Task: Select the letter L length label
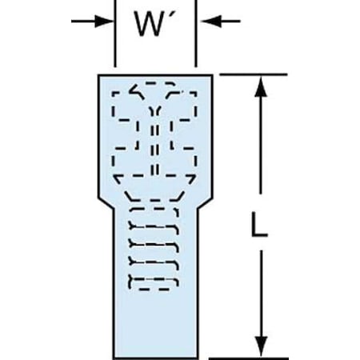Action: tap(259, 224)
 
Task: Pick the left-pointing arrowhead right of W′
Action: tap(211, 21)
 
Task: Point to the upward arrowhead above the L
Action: tap(261, 87)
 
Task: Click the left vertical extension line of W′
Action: tap(115, 34)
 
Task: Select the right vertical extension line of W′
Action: tap(196, 34)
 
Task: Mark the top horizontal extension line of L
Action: tap(254, 74)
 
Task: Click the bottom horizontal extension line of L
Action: tap(249, 358)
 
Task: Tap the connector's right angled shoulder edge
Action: tap(205, 203)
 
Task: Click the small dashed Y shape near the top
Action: tap(155, 111)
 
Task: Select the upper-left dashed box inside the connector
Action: tap(127, 106)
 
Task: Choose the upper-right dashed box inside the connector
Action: tap(182, 106)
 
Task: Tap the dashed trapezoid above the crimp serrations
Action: tap(154, 197)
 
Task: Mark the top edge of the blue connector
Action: tap(155, 75)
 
